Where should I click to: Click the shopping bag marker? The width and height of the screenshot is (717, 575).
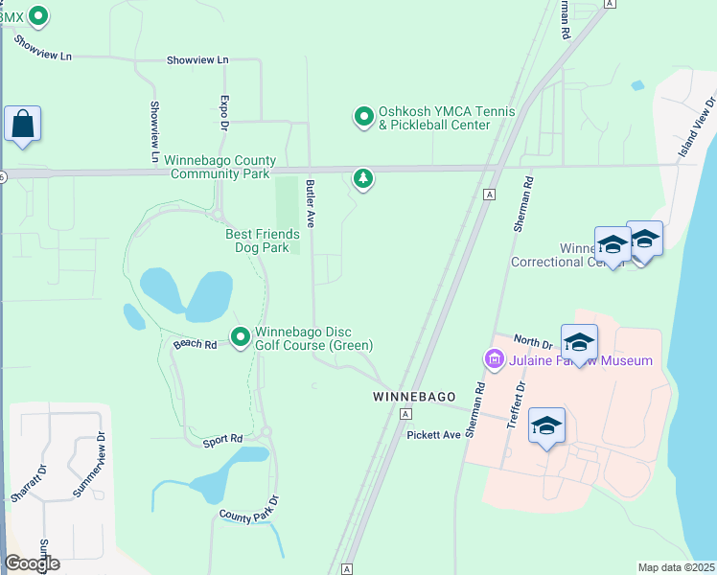coord(22,125)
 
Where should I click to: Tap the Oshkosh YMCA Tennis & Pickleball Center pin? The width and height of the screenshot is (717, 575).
coord(364,117)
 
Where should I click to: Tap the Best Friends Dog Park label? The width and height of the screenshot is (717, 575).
coord(262,241)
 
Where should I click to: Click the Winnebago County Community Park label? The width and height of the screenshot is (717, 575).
coord(220,167)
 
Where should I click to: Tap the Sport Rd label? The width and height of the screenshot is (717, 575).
coord(222,440)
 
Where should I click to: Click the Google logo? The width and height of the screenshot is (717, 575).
coord(32,563)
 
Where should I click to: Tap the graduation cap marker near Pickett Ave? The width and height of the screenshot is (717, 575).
coord(546,425)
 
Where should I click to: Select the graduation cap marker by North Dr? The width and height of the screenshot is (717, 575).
coord(579,342)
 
